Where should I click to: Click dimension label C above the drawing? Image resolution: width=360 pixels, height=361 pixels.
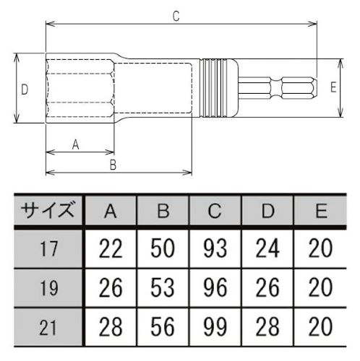tap(176, 17)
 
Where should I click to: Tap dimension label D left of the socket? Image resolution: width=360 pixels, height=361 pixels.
tap(25, 90)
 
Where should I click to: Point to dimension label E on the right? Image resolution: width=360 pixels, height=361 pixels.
tap(333, 87)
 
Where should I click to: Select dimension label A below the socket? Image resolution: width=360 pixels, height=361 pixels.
tap(76, 144)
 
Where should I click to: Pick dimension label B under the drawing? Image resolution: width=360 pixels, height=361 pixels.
tap(113, 165)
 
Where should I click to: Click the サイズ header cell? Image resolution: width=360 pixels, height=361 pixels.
tap(47, 210)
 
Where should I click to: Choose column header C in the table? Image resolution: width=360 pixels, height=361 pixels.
tap(215, 211)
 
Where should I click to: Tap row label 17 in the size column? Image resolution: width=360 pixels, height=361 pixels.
tap(49, 249)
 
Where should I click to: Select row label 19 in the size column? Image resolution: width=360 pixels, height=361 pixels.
tap(49, 288)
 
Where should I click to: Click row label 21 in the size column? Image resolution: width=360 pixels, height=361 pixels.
tap(48, 328)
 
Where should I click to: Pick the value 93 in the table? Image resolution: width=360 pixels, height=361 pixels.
tap(215, 248)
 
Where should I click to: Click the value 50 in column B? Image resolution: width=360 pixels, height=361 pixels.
tap(163, 248)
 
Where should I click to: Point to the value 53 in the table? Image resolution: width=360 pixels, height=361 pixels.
tap(163, 287)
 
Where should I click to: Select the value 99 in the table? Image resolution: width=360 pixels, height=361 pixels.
tap(215, 326)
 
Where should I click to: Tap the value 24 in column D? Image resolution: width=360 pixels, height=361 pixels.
tap(267, 248)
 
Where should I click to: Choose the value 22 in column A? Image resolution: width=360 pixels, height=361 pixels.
tap(111, 248)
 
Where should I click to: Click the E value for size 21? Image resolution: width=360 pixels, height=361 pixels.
tap(320, 326)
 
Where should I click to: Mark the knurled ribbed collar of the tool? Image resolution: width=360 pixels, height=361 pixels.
tap(215, 88)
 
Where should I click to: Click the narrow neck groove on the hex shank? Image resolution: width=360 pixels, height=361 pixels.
tap(276, 88)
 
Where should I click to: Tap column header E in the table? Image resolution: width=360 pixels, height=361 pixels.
tap(321, 211)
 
